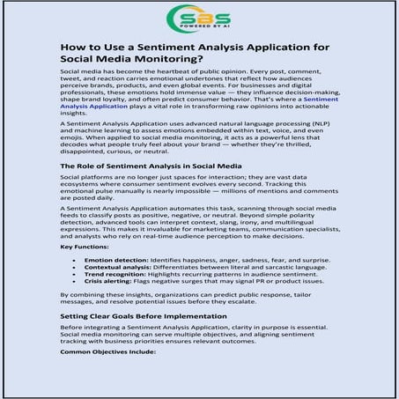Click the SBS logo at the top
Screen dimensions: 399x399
pos(199,18)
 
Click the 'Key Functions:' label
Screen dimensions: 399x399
pos(85,248)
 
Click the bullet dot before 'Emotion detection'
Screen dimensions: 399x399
pos(76,262)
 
